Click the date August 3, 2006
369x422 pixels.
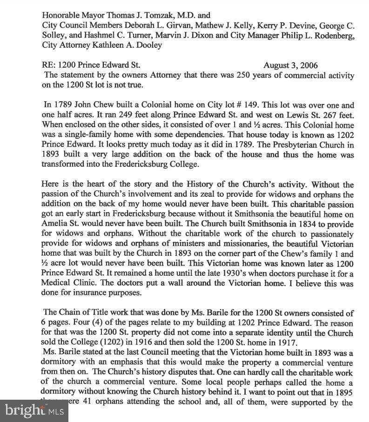point(290,65)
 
